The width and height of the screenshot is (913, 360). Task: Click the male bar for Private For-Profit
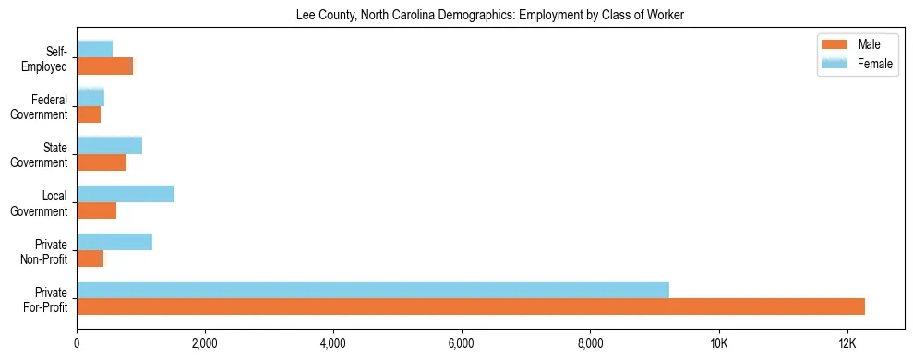click(x=471, y=307)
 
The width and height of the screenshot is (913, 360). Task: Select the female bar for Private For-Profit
click(x=373, y=290)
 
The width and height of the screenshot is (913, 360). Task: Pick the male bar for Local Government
click(x=97, y=211)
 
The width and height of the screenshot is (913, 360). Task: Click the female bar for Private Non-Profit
click(x=114, y=242)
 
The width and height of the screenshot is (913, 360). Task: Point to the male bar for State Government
click(x=102, y=163)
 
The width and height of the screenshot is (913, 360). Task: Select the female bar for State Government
click(x=110, y=146)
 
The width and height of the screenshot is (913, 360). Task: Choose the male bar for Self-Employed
click(x=105, y=66)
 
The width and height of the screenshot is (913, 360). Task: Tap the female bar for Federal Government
click(x=90, y=97)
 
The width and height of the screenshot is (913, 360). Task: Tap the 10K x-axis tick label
click(x=718, y=343)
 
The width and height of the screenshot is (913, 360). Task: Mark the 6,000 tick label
click(x=462, y=343)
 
